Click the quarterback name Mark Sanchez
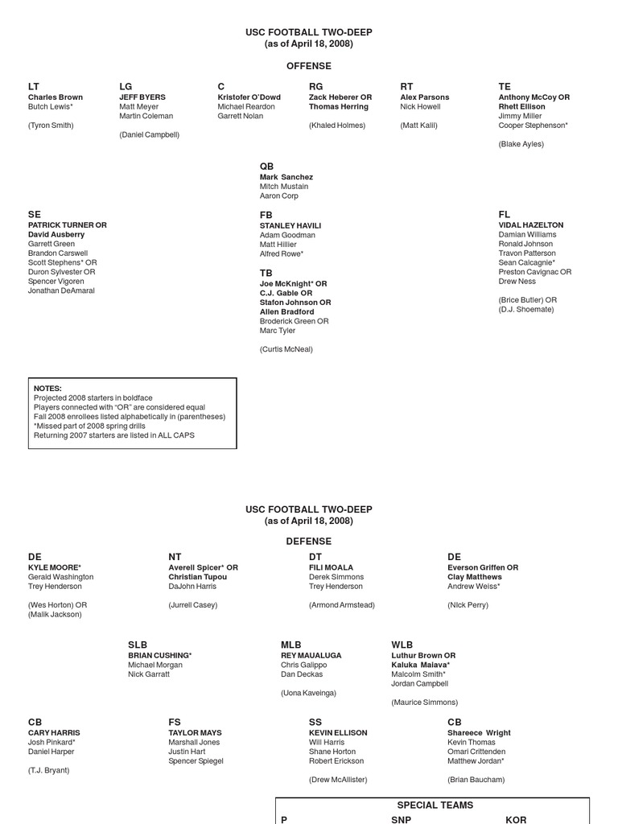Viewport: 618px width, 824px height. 286,177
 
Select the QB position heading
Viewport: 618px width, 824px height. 266,167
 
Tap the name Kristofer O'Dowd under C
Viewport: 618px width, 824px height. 249,97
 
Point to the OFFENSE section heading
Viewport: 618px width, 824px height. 308,66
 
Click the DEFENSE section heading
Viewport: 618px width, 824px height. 308,542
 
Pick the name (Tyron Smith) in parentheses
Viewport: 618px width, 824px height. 51,126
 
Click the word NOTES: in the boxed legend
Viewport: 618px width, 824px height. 47,389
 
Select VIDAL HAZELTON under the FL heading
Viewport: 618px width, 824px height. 530,225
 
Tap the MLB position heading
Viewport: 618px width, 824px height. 290,645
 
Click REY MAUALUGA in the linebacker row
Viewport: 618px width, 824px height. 311,656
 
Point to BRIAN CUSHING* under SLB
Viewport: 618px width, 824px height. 159,656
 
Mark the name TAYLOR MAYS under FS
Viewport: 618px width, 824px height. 195,733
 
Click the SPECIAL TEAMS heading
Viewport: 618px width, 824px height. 435,805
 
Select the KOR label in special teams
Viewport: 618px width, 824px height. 516,820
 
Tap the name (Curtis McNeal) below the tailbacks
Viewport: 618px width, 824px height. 286,349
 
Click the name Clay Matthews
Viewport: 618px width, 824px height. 474,577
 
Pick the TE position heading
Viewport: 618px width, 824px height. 505,86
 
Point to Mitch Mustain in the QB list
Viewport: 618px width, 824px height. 283,187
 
